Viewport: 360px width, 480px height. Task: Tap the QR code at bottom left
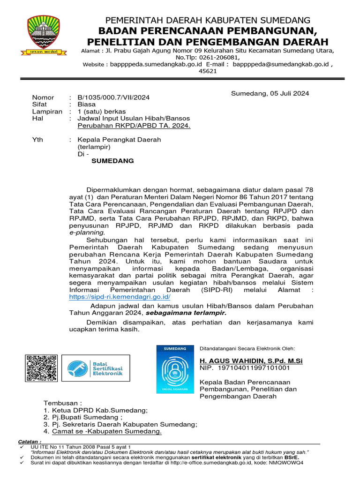[x=41, y=368]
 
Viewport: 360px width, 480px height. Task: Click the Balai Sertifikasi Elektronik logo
[x=95, y=368]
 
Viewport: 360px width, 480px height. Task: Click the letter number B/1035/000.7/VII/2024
[x=113, y=97]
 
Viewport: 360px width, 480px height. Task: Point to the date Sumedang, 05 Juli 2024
[x=270, y=93]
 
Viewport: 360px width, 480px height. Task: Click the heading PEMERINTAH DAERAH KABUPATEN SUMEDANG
[x=208, y=20]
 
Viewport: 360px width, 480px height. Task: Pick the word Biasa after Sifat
[x=87, y=105]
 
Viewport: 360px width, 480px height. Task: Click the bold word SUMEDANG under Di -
[x=112, y=161]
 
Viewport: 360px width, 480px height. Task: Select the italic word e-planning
[x=87, y=232]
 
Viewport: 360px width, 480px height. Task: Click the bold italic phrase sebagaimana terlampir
[x=186, y=313]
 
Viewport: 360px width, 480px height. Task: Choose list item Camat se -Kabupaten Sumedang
[x=107, y=431]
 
